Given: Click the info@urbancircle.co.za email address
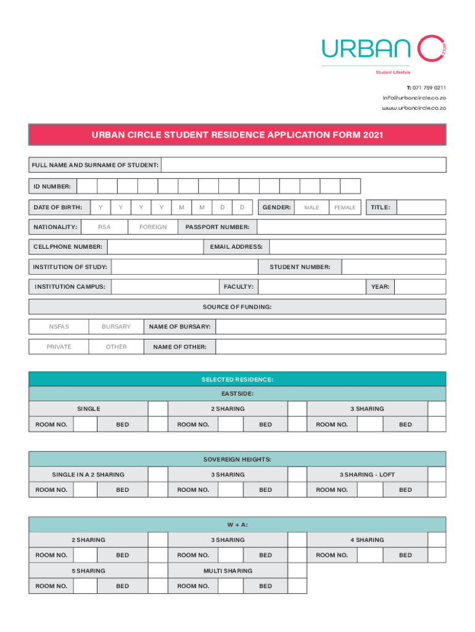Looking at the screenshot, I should point(414,98).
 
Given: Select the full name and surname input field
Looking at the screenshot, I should point(304,165).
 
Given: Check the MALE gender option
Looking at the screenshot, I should point(312,207).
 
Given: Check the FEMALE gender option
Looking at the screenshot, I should point(345,207).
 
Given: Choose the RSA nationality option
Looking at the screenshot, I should point(104,227).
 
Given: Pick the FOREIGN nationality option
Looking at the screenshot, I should point(153,227).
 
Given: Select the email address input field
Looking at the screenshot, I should point(357,247).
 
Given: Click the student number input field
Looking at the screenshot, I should point(393,267).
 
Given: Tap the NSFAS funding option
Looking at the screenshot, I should point(59,326).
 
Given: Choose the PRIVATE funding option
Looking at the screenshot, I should point(59,347).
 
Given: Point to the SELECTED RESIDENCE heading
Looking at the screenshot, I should point(238,379).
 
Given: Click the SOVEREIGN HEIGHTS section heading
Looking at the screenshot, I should point(238,459).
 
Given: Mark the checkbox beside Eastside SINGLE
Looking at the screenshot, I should point(159,409).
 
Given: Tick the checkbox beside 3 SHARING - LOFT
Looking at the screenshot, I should point(437,474).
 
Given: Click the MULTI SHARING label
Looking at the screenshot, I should point(228,571).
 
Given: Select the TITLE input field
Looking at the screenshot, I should point(421,207).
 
